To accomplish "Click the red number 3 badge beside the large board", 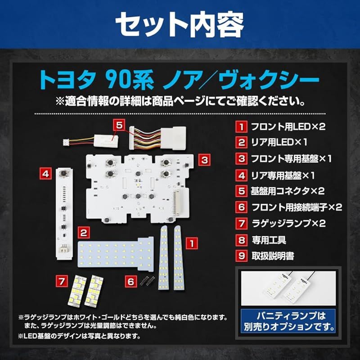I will (x=203, y=159).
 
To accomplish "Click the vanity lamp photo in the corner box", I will (x=288, y=288).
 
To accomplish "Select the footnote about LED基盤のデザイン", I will (x=79, y=336).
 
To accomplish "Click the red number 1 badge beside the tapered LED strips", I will (x=192, y=243).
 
